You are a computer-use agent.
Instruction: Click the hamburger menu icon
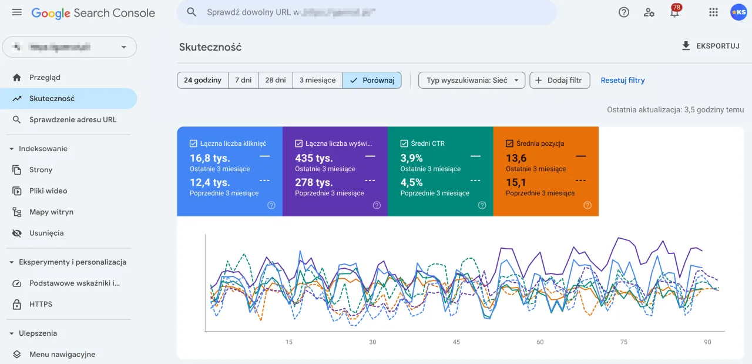pyautogui.click(x=16, y=12)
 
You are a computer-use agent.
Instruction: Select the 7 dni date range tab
pyautogui.click(x=243, y=80)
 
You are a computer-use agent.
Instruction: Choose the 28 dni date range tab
pyautogui.click(x=275, y=80)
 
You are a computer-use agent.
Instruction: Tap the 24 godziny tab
pyautogui.click(x=202, y=80)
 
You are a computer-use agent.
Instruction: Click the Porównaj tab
pyautogui.click(x=372, y=80)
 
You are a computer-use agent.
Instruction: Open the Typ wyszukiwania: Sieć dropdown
pyautogui.click(x=472, y=80)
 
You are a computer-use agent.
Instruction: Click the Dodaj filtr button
pyautogui.click(x=559, y=80)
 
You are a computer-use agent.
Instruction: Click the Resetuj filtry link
pyautogui.click(x=622, y=80)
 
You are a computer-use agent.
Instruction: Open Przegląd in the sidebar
pyautogui.click(x=45, y=77)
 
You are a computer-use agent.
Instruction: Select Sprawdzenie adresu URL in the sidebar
pyautogui.click(x=73, y=119)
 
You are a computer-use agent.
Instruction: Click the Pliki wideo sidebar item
pyautogui.click(x=48, y=191)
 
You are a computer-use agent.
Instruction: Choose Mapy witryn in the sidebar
pyautogui.click(x=51, y=212)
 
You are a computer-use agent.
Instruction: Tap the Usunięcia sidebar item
pyautogui.click(x=46, y=233)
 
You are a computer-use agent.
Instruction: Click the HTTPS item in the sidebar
pyautogui.click(x=41, y=304)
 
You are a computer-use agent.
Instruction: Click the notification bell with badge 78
pyautogui.click(x=674, y=12)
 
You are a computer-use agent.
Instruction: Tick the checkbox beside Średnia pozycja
pyautogui.click(x=510, y=143)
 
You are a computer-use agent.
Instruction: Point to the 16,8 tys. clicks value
pyautogui.click(x=210, y=158)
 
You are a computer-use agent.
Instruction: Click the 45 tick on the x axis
pyautogui.click(x=456, y=342)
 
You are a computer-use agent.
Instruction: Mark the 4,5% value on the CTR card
pyautogui.click(x=412, y=182)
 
